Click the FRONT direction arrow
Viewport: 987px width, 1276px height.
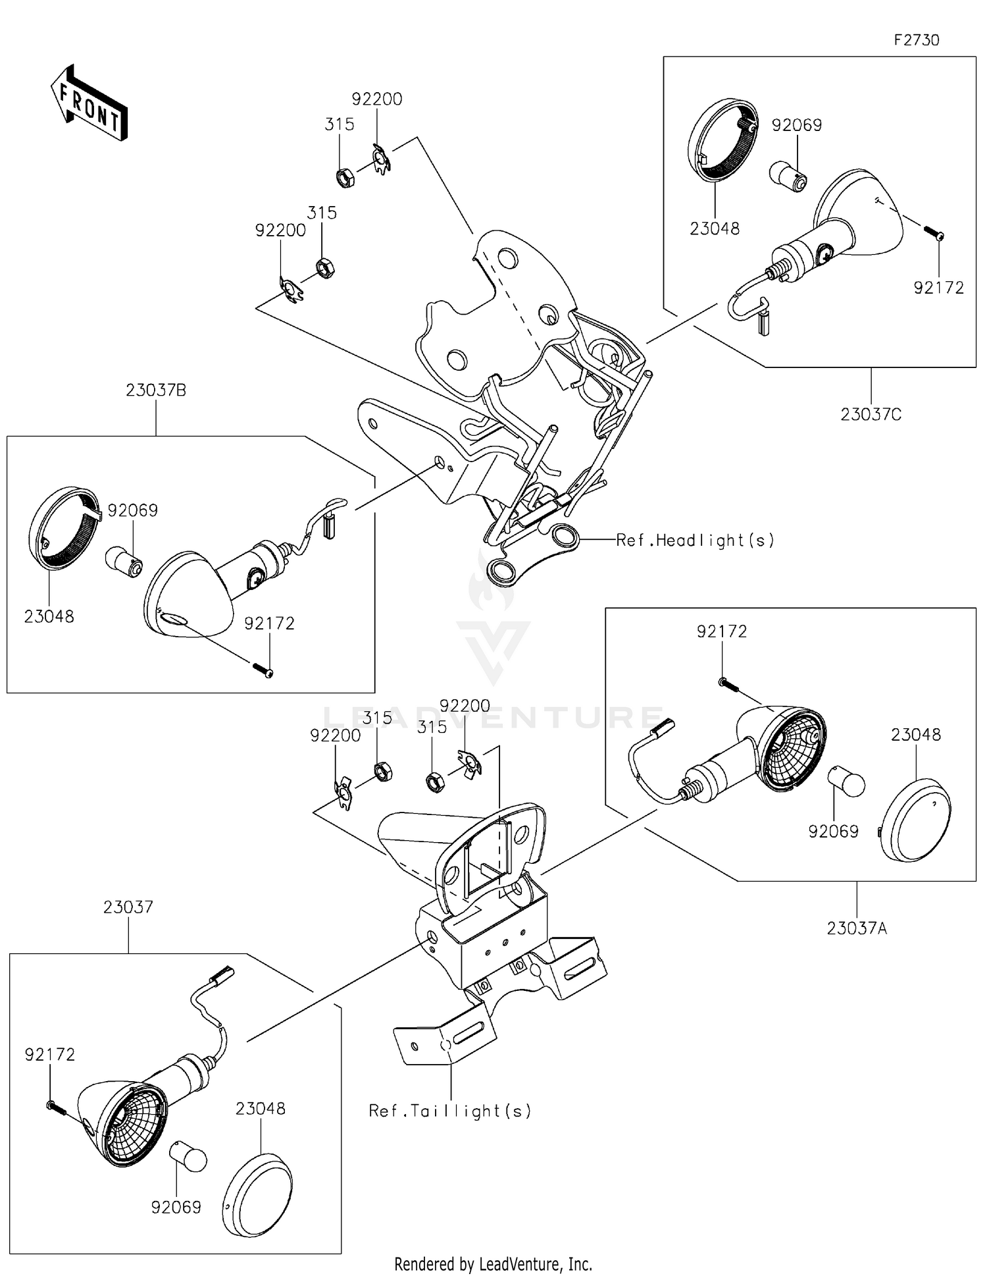[89, 103]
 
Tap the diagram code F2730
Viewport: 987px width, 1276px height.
[916, 40]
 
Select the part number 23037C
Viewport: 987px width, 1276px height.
[871, 414]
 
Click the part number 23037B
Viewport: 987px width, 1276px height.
[156, 390]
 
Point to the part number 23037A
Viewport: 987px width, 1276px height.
[857, 928]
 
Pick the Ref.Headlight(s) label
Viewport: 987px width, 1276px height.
[695, 541]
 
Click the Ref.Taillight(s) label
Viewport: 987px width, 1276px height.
[450, 1111]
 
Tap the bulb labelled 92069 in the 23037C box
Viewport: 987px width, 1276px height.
[788, 176]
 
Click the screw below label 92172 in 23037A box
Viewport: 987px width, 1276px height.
[729, 685]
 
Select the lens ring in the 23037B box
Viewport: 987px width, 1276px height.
[64, 529]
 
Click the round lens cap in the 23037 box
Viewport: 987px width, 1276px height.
[257, 1194]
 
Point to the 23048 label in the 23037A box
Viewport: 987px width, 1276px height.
[916, 734]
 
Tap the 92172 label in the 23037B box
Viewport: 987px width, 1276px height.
[269, 623]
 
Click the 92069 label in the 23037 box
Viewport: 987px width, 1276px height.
[176, 1207]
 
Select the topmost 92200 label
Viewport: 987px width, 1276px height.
[377, 99]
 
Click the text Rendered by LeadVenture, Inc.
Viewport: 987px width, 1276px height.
[493, 1263]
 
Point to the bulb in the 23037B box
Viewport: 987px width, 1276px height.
[124, 562]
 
